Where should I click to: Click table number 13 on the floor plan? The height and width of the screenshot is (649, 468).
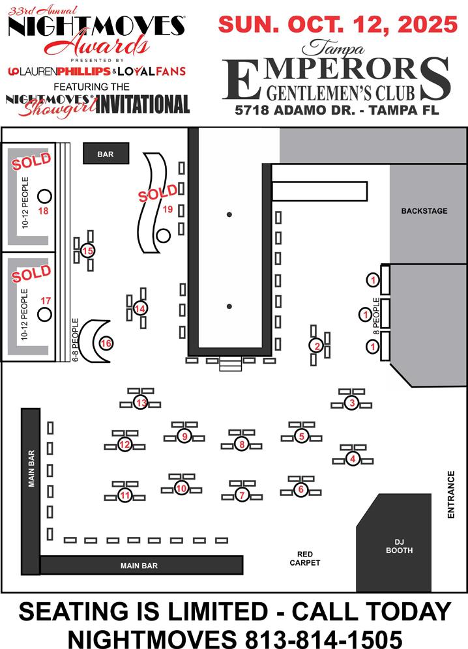tap(141, 402)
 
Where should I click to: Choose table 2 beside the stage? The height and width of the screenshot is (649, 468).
tap(317, 346)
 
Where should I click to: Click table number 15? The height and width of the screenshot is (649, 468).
tap(87, 251)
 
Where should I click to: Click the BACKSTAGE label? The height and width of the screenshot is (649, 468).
tap(424, 211)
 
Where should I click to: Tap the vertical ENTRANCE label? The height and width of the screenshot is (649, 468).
tap(450, 495)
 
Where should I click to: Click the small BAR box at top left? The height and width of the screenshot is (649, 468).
tap(106, 154)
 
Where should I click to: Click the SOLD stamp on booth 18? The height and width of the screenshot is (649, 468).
tap(31, 161)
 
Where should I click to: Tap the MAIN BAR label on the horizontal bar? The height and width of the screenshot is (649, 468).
tap(139, 566)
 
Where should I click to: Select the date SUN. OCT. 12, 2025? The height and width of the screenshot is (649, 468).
tap(338, 25)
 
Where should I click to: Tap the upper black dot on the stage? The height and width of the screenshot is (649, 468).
tap(229, 214)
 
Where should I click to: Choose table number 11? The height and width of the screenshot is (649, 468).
tap(124, 496)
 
